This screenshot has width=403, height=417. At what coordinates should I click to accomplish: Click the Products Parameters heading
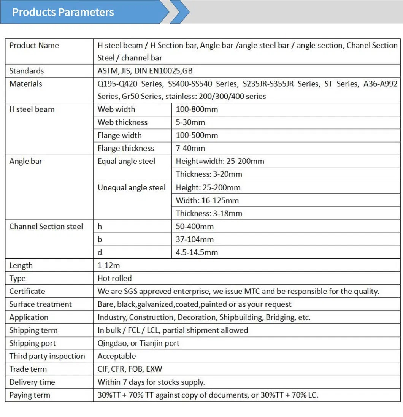[63, 12]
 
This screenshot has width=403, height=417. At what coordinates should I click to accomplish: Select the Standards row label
[27, 71]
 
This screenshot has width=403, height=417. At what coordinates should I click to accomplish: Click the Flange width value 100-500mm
[197, 135]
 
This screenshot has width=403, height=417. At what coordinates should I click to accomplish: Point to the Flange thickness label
[126, 148]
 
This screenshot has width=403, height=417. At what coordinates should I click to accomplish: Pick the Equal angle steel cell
[126, 161]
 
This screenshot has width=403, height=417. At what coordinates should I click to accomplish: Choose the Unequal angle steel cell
[132, 187]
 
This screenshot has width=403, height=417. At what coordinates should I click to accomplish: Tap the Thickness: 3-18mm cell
[209, 213]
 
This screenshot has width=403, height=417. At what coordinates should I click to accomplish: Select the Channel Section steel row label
[46, 227]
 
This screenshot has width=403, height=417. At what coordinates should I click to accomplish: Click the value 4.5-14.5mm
[197, 252]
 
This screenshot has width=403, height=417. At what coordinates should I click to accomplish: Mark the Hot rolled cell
[114, 278]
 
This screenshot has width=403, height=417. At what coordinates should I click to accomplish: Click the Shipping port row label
[32, 343]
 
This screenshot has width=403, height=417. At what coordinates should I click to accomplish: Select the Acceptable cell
[116, 356]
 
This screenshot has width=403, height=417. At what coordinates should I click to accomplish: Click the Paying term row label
[30, 395]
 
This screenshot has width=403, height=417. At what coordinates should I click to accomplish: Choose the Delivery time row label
[32, 382]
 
